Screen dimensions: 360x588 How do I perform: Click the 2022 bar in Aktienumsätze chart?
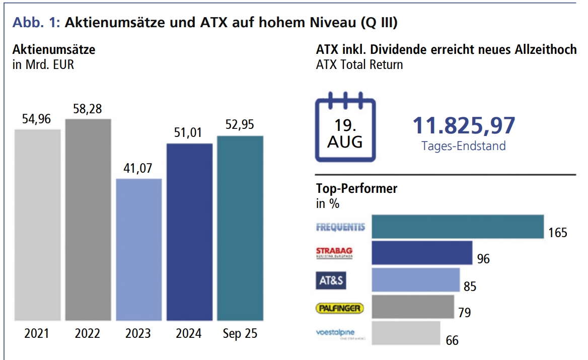tap(88, 220)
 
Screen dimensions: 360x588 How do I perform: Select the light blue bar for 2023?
tap(139, 249)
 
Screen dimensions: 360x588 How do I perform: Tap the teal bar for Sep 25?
tap(240, 228)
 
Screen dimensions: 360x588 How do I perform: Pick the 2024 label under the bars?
tap(189, 334)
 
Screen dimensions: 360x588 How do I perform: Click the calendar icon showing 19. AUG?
tap(345, 127)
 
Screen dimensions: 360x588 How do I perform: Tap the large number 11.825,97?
tap(464, 125)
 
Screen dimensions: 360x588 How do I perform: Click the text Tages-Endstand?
tap(464, 146)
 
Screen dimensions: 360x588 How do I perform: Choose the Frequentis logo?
tap(340, 227)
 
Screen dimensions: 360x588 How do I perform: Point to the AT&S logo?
tap(331, 280)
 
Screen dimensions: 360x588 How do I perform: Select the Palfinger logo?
tap(340, 307)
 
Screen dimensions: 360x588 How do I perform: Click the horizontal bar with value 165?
tap(458, 227)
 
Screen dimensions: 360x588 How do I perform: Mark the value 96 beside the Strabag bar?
tap(483, 259)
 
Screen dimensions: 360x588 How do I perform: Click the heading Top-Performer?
tap(356, 189)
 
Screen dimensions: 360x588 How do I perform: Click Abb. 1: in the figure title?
tap(36, 23)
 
